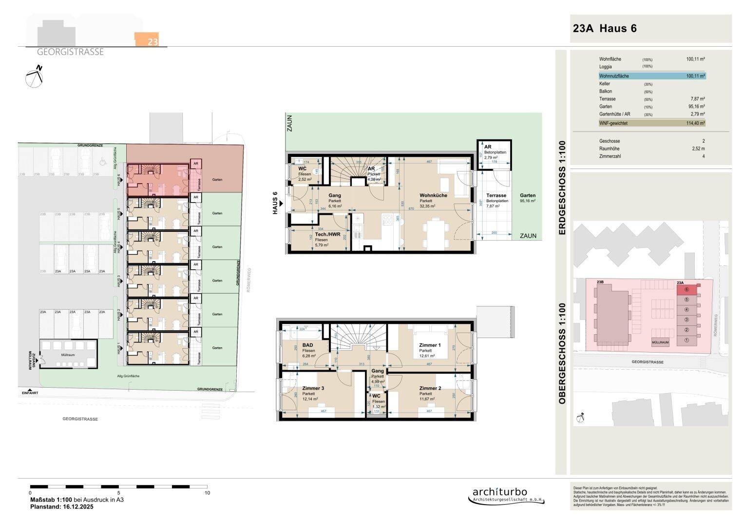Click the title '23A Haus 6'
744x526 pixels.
pos(605,28)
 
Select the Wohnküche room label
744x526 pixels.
pos(433,195)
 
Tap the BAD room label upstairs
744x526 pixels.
pos(307,345)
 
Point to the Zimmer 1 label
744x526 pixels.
pos(430,345)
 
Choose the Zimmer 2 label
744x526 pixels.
pos(430,388)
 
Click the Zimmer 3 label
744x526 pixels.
pos(313,388)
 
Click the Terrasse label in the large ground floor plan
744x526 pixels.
pos(496,195)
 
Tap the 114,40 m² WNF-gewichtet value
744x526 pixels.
pos(695,124)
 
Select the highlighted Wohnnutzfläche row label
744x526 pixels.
pos(614,76)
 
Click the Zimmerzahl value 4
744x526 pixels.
pos(703,156)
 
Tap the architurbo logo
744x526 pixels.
pos(500,493)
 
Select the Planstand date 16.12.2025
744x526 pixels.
pos(76,507)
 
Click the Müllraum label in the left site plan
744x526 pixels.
pos(68,356)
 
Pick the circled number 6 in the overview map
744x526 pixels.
pos(686,290)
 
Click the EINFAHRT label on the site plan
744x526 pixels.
pos(30,393)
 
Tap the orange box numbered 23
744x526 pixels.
pos(147,40)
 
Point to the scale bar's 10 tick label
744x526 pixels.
pos(207,493)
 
